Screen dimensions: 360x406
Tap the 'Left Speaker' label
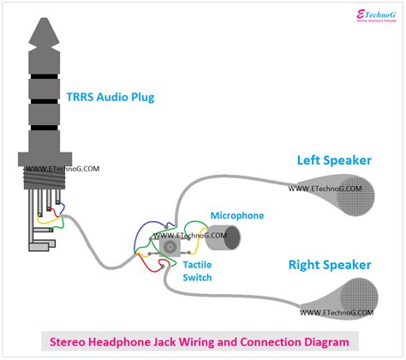tap(335, 160)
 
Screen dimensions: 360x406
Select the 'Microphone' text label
tap(236, 216)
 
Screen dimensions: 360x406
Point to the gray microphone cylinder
tap(225, 237)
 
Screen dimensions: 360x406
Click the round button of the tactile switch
tap(171, 246)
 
